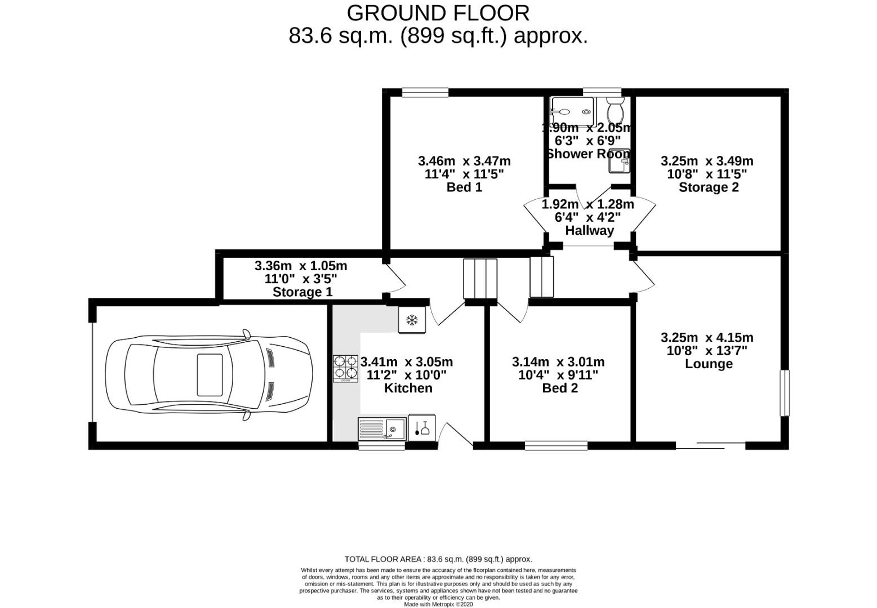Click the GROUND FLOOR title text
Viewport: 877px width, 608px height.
pos(438,12)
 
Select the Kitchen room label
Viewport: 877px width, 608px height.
pos(408,388)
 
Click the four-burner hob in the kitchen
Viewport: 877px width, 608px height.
pos(345,368)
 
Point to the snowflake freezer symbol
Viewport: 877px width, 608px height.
pos(412,320)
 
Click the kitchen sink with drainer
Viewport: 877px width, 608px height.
pos(382,430)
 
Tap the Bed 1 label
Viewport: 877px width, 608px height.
pos(464,187)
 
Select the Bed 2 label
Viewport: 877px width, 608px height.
pos(560,388)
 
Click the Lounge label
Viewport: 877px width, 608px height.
pos(708,364)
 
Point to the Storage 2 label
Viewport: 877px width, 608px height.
pos(708,187)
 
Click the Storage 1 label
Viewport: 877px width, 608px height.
pos(302,292)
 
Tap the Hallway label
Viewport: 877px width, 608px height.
pos(589,230)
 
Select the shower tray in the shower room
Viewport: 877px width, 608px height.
pos(572,111)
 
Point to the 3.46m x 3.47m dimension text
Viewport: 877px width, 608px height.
pos(464,161)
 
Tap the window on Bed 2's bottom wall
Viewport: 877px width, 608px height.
pos(556,445)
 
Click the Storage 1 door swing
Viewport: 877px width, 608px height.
pos(395,279)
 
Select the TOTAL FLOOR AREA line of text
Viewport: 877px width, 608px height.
pos(438,559)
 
